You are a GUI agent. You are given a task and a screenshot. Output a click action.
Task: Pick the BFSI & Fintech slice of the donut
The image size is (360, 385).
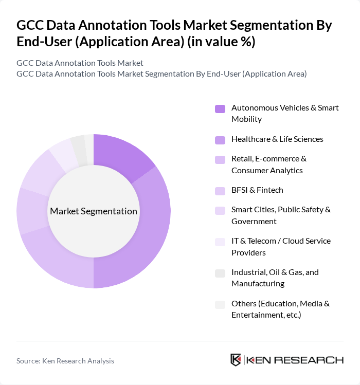coord(32,211)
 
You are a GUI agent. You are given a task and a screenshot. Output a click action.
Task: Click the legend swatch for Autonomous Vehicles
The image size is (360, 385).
coord(220,108)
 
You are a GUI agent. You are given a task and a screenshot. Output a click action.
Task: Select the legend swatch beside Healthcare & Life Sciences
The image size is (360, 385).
coord(220,140)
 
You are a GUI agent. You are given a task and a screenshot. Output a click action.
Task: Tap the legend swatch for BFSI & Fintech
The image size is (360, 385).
coord(220,191)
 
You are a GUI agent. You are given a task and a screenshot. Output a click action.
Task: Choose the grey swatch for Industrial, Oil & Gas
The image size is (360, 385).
coord(220,273)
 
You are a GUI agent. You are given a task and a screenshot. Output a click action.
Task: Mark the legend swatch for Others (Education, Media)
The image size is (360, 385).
coord(220,304)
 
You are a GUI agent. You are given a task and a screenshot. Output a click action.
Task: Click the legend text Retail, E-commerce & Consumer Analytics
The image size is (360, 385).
coord(268,164)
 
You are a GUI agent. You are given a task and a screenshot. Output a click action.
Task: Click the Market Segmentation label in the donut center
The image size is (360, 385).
coord(94,211)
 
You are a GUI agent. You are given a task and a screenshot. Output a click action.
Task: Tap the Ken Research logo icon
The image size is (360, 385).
coord(236,360)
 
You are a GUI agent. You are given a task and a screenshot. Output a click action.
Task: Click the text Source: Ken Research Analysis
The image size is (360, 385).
coord(65,361)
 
